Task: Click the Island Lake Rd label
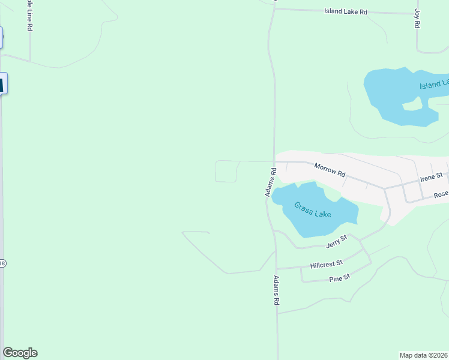[345, 11]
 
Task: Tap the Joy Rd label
[417, 19]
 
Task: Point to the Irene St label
[431, 176]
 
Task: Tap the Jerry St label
[337, 241]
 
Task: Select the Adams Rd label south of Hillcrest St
[277, 292]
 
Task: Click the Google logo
[20, 353]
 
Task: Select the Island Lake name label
[433, 85]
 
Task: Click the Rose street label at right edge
[441, 194]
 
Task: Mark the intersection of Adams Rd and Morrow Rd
[274, 161]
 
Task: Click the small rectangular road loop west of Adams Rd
[226, 171]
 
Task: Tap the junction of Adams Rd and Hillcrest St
[277, 268]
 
